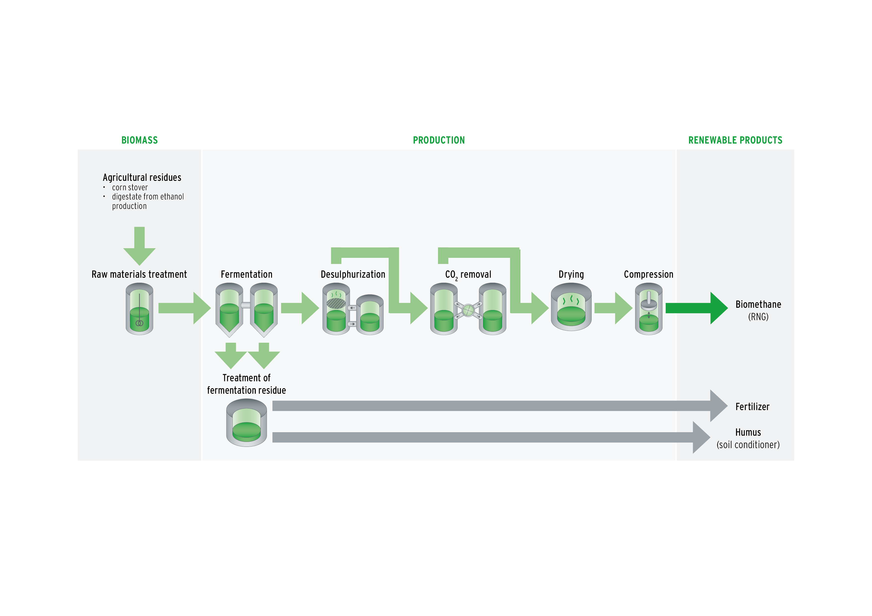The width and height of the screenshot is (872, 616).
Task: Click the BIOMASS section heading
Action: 139,140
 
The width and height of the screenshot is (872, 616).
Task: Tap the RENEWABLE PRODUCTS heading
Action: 735,140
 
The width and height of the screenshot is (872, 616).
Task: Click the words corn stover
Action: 130,188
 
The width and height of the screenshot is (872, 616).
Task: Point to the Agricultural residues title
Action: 142,177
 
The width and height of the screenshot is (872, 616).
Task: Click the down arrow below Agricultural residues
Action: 139,247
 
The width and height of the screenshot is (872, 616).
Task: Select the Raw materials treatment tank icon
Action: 139,309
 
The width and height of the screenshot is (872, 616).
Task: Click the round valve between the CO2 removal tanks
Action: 468,310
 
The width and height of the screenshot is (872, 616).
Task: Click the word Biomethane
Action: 758,304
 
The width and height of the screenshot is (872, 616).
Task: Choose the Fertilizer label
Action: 752,407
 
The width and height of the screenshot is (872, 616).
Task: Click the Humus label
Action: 748,432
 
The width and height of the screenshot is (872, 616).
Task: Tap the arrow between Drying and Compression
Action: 612,308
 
